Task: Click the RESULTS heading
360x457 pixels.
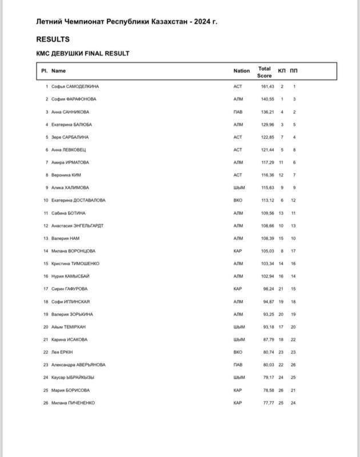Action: (x=53, y=39)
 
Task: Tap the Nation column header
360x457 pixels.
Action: (x=241, y=71)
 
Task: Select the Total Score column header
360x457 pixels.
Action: (x=264, y=71)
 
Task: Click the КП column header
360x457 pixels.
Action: (x=282, y=71)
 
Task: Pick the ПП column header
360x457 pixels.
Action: (x=294, y=71)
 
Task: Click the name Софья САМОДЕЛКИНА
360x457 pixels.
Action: (x=75, y=86)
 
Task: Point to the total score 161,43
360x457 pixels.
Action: (x=268, y=86)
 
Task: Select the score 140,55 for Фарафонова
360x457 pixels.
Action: (x=268, y=99)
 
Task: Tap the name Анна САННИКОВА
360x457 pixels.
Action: (x=70, y=112)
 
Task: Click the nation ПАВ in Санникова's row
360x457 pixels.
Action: (x=238, y=112)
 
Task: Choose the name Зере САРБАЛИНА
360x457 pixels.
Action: (x=70, y=137)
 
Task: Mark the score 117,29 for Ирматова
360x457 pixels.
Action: (x=268, y=162)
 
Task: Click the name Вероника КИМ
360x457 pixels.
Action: (x=67, y=175)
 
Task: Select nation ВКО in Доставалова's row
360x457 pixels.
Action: (x=238, y=201)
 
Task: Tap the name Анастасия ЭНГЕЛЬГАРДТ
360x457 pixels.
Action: (x=77, y=226)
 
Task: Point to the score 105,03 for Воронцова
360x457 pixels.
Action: (x=268, y=251)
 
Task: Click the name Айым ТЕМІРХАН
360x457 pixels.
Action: (x=69, y=327)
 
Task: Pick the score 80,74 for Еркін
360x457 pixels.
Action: (x=268, y=352)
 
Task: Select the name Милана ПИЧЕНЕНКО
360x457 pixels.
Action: (x=73, y=403)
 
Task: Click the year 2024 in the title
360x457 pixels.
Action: (x=202, y=22)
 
